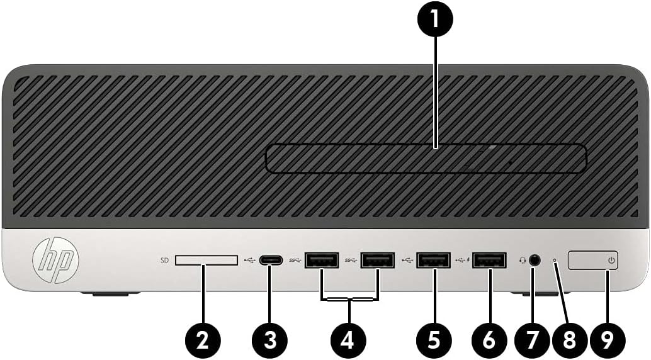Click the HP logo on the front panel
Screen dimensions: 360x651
56,259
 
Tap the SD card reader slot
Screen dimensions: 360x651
207,260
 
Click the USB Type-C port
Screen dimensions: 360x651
270,259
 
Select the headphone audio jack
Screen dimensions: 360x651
535,259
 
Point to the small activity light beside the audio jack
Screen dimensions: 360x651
555,259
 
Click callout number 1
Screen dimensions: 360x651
434,21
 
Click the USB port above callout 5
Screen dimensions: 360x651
433,259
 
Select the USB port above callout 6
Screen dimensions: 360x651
489,259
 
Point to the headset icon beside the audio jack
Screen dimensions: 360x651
522,259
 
